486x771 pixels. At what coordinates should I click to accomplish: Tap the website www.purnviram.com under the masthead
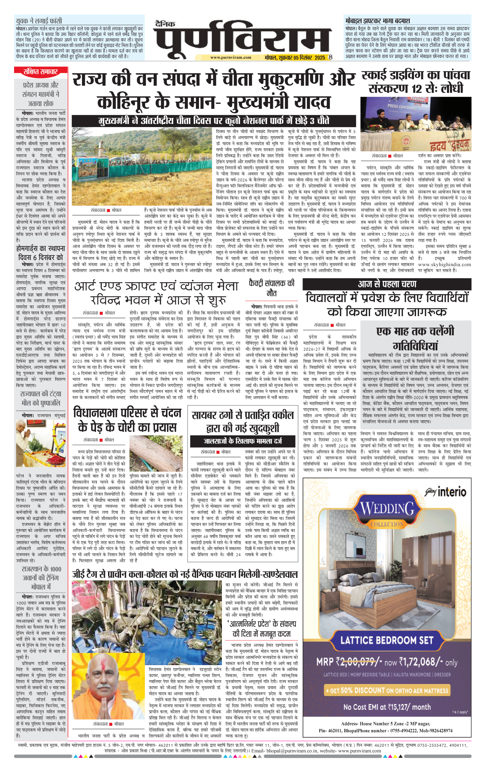(x=230, y=58)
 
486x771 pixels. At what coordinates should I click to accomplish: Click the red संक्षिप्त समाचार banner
(x=40, y=72)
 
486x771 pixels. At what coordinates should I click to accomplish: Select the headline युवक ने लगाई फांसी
(x=39, y=21)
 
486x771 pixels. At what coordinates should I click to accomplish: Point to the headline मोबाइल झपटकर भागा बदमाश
(x=378, y=21)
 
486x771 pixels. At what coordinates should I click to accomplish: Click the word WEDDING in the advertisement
(x=387, y=509)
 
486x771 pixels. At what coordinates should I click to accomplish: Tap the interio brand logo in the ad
(x=447, y=492)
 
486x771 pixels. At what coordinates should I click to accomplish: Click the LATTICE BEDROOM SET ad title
(x=387, y=640)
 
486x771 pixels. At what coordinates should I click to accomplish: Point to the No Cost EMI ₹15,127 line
(x=387, y=707)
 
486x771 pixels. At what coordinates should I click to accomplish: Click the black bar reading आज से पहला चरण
(x=387, y=284)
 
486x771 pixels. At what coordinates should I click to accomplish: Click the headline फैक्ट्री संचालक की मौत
(x=271, y=288)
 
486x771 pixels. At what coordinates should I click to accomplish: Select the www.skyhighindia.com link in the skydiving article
(x=444, y=264)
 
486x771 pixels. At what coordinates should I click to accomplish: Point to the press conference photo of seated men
(x=416, y=124)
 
